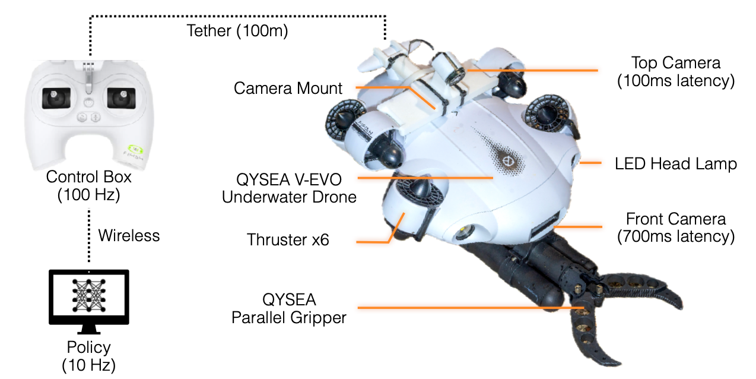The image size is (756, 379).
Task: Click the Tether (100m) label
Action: click(237, 31)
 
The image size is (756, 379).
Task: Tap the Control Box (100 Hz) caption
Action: click(88, 186)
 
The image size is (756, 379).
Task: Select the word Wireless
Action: click(129, 235)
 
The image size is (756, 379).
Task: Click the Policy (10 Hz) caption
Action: click(88, 356)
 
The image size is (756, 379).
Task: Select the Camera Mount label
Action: click(288, 89)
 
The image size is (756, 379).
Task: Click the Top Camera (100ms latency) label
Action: click(676, 71)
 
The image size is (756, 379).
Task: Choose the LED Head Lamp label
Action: click(676, 163)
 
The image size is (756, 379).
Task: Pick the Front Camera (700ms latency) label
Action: click(676, 228)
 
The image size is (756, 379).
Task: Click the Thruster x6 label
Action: click(288, 240)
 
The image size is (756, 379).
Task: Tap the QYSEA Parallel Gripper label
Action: click(288, 308)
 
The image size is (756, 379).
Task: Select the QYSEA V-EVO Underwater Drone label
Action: click(289, 187)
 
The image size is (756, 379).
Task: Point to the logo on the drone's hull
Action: click(507, 161)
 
